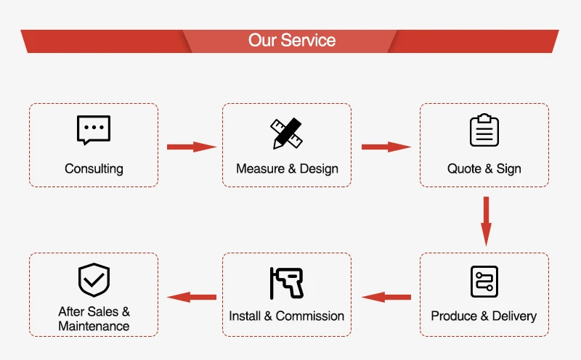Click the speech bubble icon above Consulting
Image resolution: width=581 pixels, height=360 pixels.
[x=94, y=130]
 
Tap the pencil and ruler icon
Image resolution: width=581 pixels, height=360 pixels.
[x=286, y=134]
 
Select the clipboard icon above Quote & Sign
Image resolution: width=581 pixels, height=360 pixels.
[x=484, y=130]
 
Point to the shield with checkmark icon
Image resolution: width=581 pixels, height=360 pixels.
[x=94, y=280]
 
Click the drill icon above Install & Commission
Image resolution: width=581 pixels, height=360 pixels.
[x=286, y=283]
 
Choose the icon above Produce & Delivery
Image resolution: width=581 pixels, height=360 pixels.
[x=484, y=282]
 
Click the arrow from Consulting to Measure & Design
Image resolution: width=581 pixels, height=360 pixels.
[x=192, y=147]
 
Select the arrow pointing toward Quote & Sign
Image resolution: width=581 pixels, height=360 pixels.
[x=386, y=147]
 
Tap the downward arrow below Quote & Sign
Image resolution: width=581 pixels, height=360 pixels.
[x=486, y=221]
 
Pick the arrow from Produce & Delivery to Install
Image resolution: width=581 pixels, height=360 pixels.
[x=386, y=297]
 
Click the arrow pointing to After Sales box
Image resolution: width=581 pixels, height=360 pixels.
[x=192, y=297]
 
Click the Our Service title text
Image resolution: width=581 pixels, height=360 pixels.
[x=292, y=40]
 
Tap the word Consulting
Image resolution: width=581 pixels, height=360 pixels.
[x=94, y=169]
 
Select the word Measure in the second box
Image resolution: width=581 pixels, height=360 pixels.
[x=261, y=168]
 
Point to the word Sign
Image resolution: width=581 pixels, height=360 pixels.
[x=509, y=169]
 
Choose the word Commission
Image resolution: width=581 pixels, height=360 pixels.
[x=310, y=316]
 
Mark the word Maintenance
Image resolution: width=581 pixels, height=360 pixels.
[x=94, y=326]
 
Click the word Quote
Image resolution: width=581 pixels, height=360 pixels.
[x=464, y=169]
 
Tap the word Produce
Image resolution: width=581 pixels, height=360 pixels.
[x=454, y=316]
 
